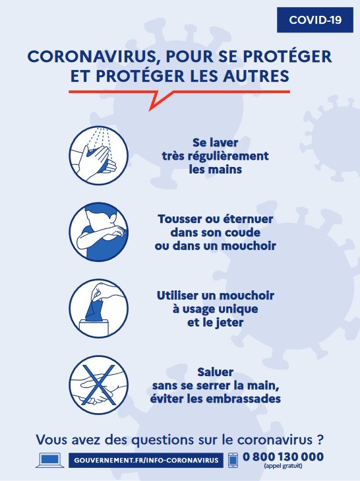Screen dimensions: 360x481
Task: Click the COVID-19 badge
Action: click(315, 20)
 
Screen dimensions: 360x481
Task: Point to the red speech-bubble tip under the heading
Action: click(150, 110)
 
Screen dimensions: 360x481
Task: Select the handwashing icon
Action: click(98, 156)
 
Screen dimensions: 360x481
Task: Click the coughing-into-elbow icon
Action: click(98, 232)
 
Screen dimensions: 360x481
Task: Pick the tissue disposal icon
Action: click(98, 309)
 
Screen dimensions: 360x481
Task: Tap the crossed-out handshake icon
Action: click(98, 385)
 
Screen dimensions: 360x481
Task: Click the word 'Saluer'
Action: click(215, 372)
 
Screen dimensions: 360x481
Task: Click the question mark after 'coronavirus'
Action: click(320, 439)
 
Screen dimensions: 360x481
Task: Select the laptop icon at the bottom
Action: click(50, 460)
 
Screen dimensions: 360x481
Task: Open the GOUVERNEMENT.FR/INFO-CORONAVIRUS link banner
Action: click(146, 460)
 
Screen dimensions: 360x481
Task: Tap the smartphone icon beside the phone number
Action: click(233, 460)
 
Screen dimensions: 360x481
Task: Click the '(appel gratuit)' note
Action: click(283, 466)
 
